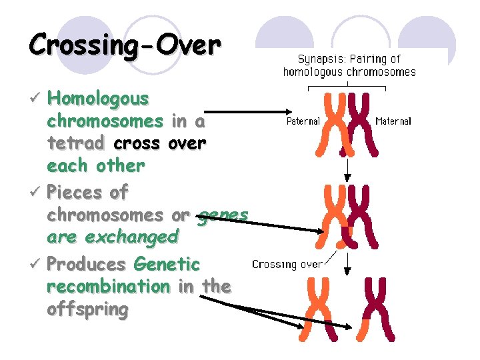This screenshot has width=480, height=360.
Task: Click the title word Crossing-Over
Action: [x=125, y=45]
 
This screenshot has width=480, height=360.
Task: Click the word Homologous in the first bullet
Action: [x=99, y=99]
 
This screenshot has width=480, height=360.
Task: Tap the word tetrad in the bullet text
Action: [x=75, y=143]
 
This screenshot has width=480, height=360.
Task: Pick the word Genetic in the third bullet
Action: [x=166, y=264]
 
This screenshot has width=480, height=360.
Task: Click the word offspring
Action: [x=87, y=309]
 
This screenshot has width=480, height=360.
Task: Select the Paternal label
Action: [x=303, y=121]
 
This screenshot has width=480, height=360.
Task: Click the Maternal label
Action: [x=393, y=121]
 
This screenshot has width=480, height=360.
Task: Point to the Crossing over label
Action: [x=287, y=264]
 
